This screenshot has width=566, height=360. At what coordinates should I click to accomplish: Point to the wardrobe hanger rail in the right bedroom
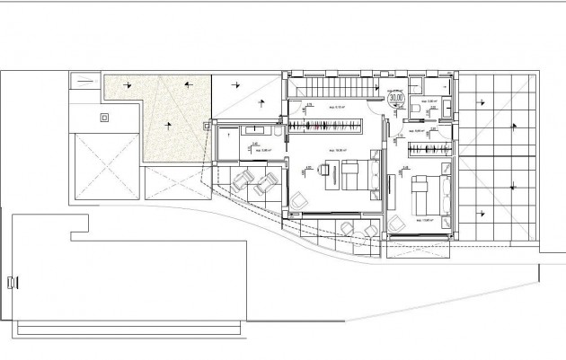(x=428, y=147)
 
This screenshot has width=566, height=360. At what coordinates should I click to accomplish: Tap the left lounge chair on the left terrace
(x=241, y=181)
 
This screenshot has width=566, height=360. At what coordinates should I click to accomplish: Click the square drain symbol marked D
(x=104, y=117)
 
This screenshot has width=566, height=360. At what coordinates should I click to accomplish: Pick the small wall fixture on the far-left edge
(x=11, y=282)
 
